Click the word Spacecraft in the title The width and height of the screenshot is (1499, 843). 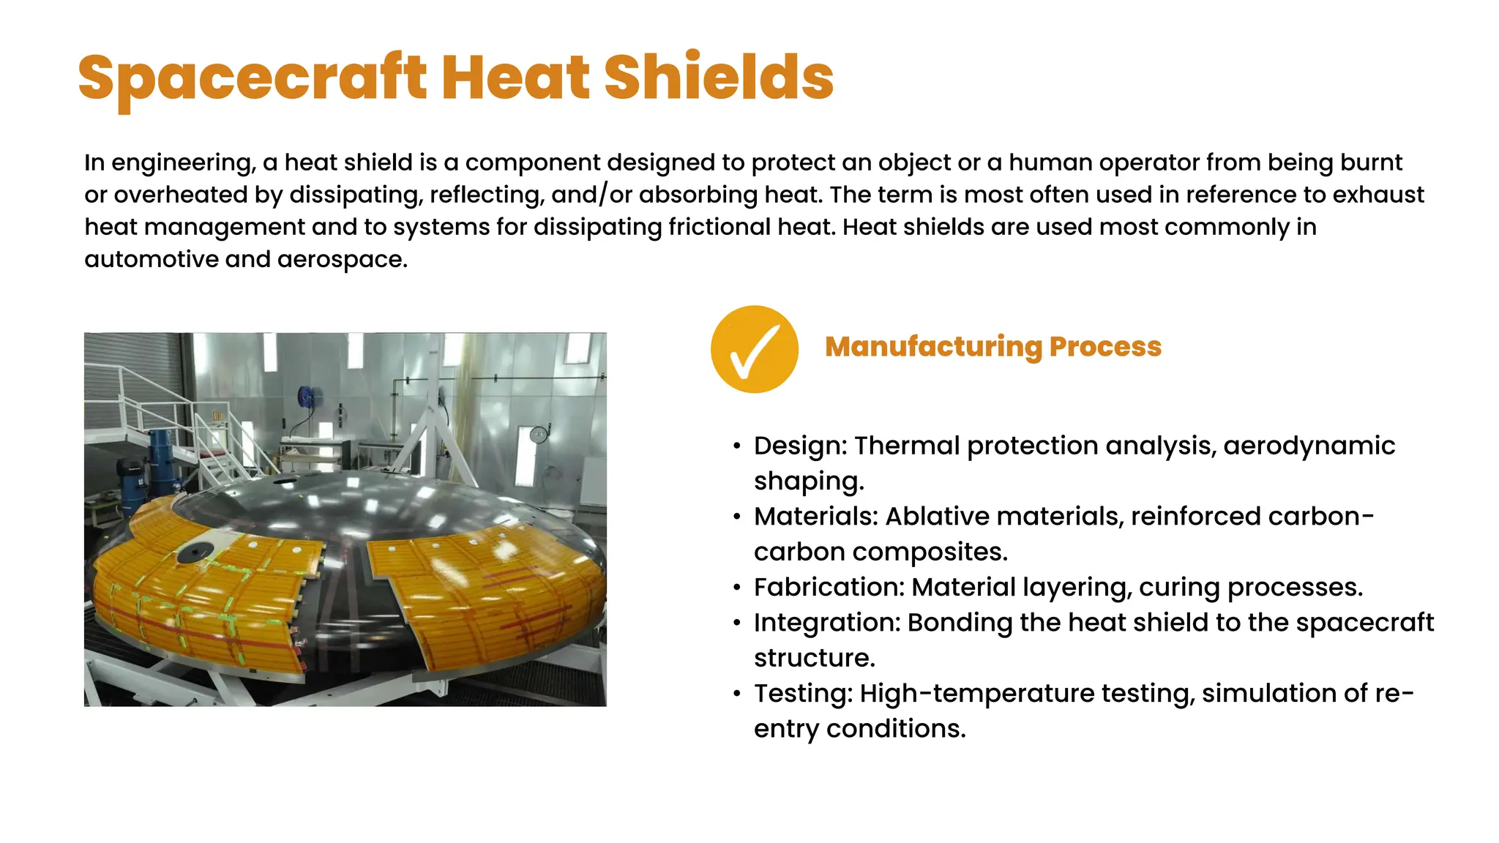(x=252, y=78)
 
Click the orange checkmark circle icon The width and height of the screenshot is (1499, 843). (x=754, y=349)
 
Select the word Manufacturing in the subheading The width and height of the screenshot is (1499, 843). (x=932, y=347)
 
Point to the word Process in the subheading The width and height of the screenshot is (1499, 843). (x=1105, y=347)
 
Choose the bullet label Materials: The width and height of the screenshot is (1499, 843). (x=815, y=517)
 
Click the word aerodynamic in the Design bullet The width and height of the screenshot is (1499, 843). (x=1309, y=446)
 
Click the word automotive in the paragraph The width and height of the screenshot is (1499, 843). (x=151, y=259)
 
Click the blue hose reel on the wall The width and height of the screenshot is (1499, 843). (x=306, y=397)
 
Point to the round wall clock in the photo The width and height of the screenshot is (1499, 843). (x=538, y=435)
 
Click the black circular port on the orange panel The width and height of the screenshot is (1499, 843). (x=192, y=552)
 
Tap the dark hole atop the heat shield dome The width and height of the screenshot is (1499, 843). (x=285, y=482)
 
